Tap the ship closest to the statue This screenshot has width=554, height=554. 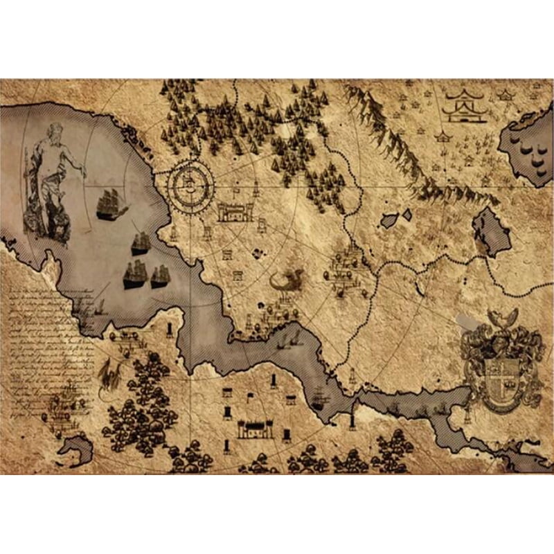coord(111,204)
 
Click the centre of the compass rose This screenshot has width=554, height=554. coord(190,184)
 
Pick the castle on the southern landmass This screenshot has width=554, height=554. coord(256,429)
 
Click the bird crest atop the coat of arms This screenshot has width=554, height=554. coord(503,319)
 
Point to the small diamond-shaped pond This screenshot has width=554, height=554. coord(407,215)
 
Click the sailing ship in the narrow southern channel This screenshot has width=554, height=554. coord(319,398)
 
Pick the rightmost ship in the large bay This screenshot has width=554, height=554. coord(161,276)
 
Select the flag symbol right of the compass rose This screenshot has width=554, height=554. coord(238,188)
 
